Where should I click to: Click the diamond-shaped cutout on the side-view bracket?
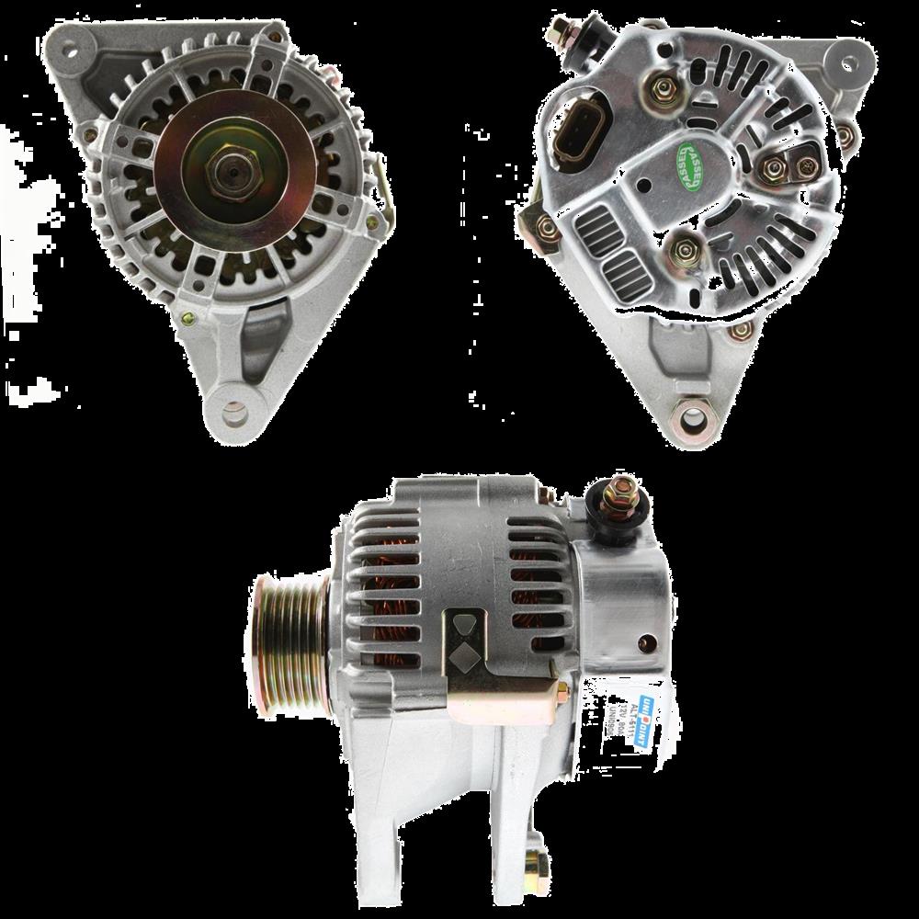(x=463, y=653)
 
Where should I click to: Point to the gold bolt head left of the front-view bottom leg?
(x=189, y=319)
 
